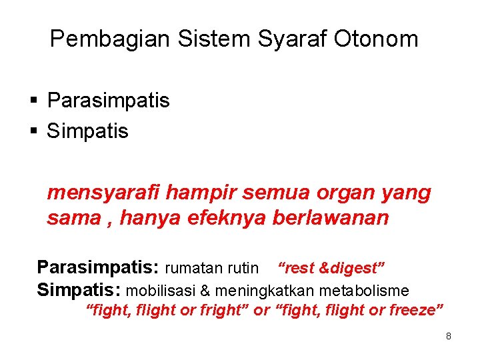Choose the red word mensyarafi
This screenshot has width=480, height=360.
[103, 194]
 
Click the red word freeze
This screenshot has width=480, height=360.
[413, 310]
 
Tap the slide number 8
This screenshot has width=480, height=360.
[449, 336]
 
